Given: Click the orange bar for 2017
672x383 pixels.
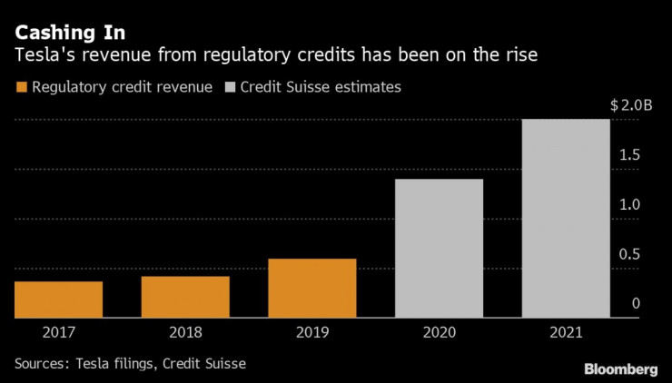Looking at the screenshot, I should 58,300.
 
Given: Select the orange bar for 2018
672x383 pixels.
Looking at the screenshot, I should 185,297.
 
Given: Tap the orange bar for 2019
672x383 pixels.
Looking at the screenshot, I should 312,288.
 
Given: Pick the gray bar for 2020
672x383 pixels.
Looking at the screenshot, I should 440,248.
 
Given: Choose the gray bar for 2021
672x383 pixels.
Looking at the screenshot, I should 566,218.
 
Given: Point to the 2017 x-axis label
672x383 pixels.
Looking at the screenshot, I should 58,332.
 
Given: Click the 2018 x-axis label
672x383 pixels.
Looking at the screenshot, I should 185,332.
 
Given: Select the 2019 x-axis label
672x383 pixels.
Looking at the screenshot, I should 312,332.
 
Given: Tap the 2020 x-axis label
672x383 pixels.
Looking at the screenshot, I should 440,332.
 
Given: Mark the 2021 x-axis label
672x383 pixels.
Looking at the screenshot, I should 566,332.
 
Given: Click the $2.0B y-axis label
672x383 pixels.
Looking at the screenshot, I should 631,105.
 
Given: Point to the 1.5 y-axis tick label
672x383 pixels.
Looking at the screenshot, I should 629,155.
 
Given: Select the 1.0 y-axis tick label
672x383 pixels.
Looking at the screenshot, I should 629,205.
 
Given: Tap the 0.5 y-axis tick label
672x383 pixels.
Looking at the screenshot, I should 629,255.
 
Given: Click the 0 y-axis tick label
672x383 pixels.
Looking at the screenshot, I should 636,304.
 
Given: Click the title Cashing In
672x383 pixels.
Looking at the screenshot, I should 69,33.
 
